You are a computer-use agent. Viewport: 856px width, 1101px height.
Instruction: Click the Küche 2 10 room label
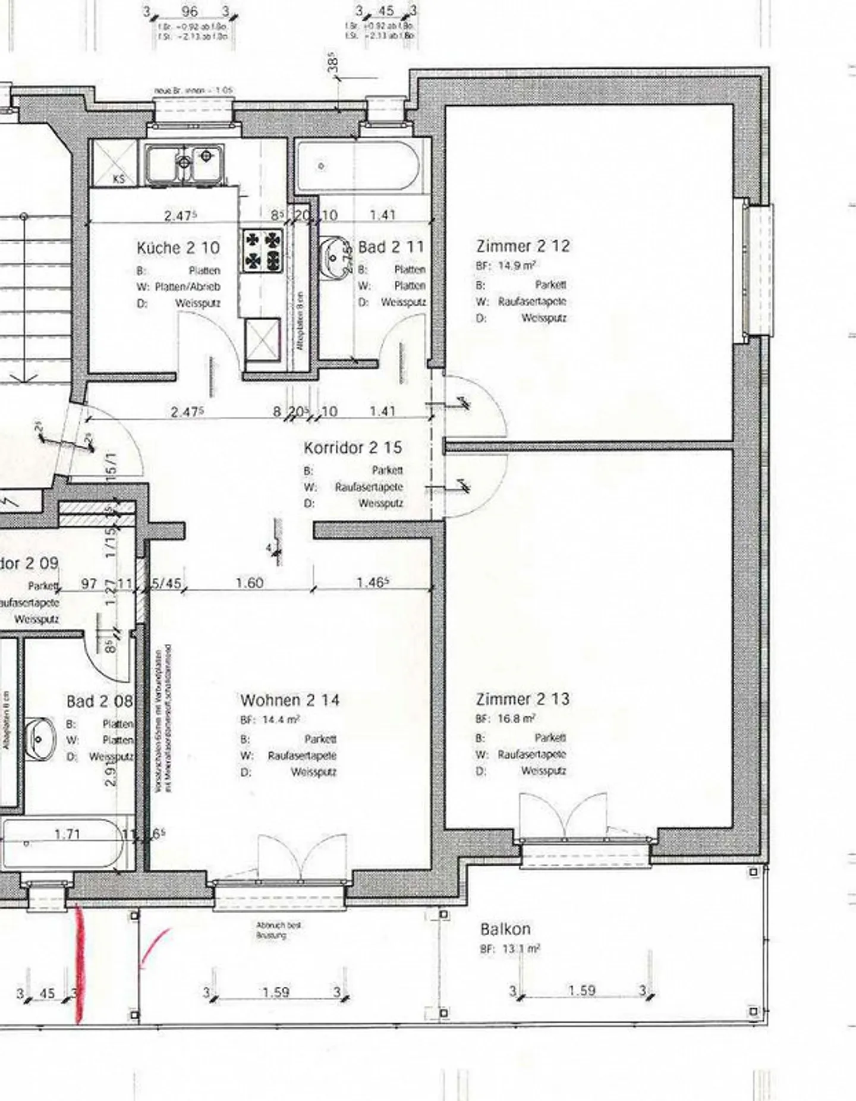(x=178, y=247)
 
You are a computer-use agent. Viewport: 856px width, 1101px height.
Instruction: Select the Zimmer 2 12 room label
(x=523, y=246)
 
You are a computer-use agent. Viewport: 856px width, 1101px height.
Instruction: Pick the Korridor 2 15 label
(x=353, y=447)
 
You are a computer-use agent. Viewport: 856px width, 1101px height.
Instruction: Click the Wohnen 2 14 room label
(x=289, y=700)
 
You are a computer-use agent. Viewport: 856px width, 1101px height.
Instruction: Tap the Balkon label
(x=505, y=929)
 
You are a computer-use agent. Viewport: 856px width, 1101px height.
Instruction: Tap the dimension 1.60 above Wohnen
(x=249, y=583)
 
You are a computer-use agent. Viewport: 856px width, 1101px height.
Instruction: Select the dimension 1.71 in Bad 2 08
(x=67, y=834)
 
